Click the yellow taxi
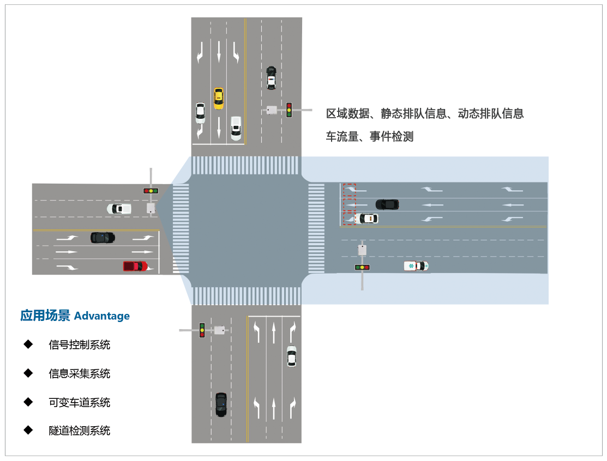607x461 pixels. point(218,98)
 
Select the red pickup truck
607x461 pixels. point(135,266)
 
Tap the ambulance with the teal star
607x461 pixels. point(416,265)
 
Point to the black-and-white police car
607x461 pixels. point(271,78)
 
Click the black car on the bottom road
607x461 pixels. point(221,404)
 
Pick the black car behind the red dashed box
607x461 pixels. point(387,204)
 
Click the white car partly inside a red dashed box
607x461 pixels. point(365,219)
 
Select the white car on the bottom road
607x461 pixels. point(292,356)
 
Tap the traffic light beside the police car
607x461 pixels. point(289,110)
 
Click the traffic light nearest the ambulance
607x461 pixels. point(362,267)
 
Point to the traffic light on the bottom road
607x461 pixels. point(202,330)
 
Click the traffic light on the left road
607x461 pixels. point(151,191)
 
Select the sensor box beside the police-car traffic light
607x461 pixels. point(272,110)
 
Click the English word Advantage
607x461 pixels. point(102,316)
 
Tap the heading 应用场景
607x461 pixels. point(45,316)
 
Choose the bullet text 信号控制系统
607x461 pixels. point(80,345)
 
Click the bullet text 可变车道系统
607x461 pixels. point(80,403)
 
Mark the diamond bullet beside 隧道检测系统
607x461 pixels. point(28,430)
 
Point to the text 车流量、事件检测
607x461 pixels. point(370,137)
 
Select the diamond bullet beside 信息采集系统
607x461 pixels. point(28,373)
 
